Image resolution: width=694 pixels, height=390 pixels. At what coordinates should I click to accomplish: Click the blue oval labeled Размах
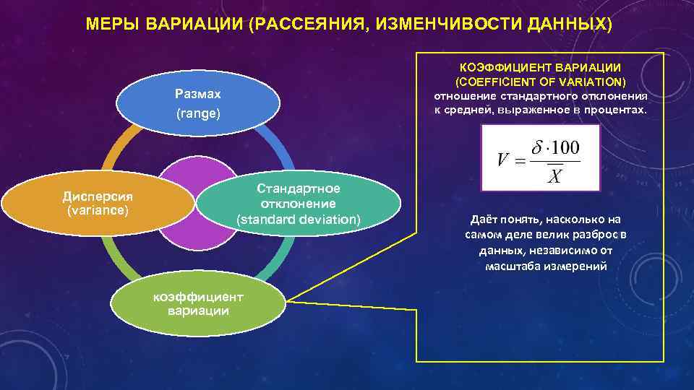tap(198, 104)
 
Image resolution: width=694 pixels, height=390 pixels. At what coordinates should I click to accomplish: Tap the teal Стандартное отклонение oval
tap(298, 204)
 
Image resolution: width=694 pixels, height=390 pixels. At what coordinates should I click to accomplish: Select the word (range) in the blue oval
tap(198, 114)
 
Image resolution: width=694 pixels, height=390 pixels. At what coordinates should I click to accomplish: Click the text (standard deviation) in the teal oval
tap(298, 219)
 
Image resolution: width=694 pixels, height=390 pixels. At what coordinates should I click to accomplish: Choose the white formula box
tap(541, 157)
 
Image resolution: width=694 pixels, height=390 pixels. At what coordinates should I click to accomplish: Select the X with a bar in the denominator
tap(554, 176)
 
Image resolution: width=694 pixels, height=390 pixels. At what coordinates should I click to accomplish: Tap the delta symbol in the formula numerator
tap(536, 147)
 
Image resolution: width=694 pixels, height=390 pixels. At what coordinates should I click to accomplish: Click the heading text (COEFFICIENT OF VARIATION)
tap(540, 81)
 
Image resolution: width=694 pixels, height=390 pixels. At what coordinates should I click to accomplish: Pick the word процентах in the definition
tap(619, 109)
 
